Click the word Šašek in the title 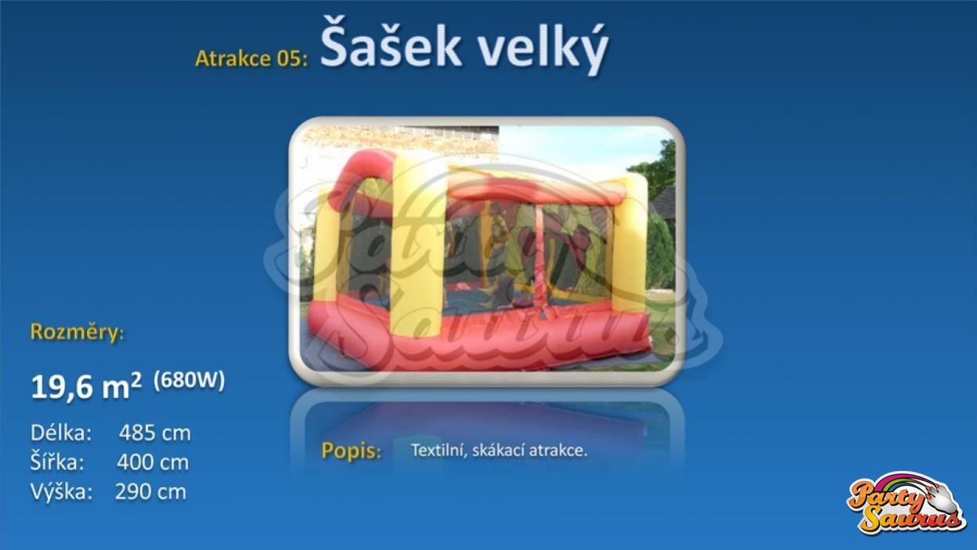pyautogui.click(x=391, y=43)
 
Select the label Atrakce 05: pyautogui.click(x=251, y=58)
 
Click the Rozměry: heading pyautogui.click(x=78, y=333)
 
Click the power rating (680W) pyautogui.click(x=189, y=380)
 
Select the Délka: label pyautogui.click(x=61, y=433)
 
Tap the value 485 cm pyautogui.click(x=155, y=433)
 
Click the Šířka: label pyautogui.click(x=57, y=461)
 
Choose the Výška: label pyautogui.click(x=62, y=491)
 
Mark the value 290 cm pyautogui.click(x=150, y=492)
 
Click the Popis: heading pyautogui.click(x=352, y=451)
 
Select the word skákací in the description pyautogui.click(x=499, y=450)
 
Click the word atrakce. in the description pyautogui.click(x=558, y=450)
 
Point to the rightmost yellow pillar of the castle pyautogui.click(x=629, y=242)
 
